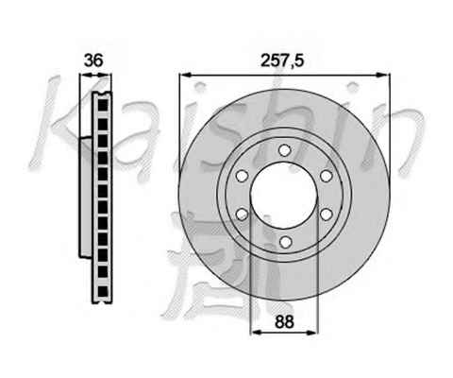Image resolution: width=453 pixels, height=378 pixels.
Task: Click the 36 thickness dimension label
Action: pos(93,60)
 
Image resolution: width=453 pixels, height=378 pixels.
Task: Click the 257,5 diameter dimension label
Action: pos(282,60)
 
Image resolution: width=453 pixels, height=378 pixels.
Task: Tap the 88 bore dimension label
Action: pos(284,322)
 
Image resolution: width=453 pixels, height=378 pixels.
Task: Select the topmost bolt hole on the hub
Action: pos(284,150)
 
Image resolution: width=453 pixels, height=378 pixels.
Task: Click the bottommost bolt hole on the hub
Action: pos(285,242)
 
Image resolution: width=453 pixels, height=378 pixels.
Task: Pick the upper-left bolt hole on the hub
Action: pos(243,176)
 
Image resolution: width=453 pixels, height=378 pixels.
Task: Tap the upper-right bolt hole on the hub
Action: pos(327,176)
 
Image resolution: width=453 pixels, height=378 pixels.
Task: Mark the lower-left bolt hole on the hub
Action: pos(243,215)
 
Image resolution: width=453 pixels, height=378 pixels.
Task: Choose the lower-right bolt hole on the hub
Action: pos(327,215)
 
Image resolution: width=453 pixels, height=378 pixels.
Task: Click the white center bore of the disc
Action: pos(284,196)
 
